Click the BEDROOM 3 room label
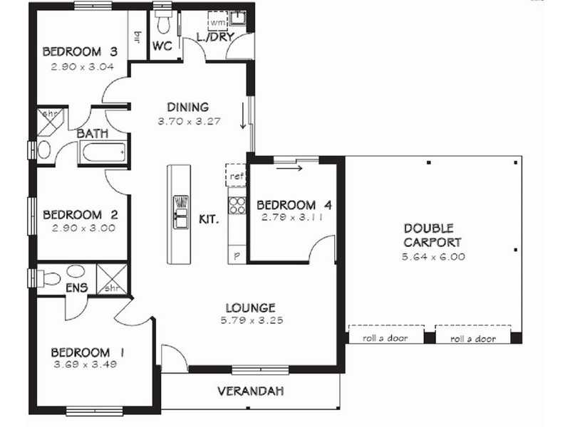coord(79,51)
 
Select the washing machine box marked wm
coord(217,22)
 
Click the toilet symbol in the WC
coord(162,23)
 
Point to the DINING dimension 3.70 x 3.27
coord(188,121)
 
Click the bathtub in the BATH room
coord(104,152)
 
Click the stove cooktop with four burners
coord(236,206)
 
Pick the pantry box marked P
coord(236,255)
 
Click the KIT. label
coord(208,220)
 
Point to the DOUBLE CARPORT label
coord(428,236)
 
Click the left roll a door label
coord(385,338)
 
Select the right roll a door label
coord(473,339)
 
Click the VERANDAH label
coord(250,391)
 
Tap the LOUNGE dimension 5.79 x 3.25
coord(250,320)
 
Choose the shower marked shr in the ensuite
coord(113,280)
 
